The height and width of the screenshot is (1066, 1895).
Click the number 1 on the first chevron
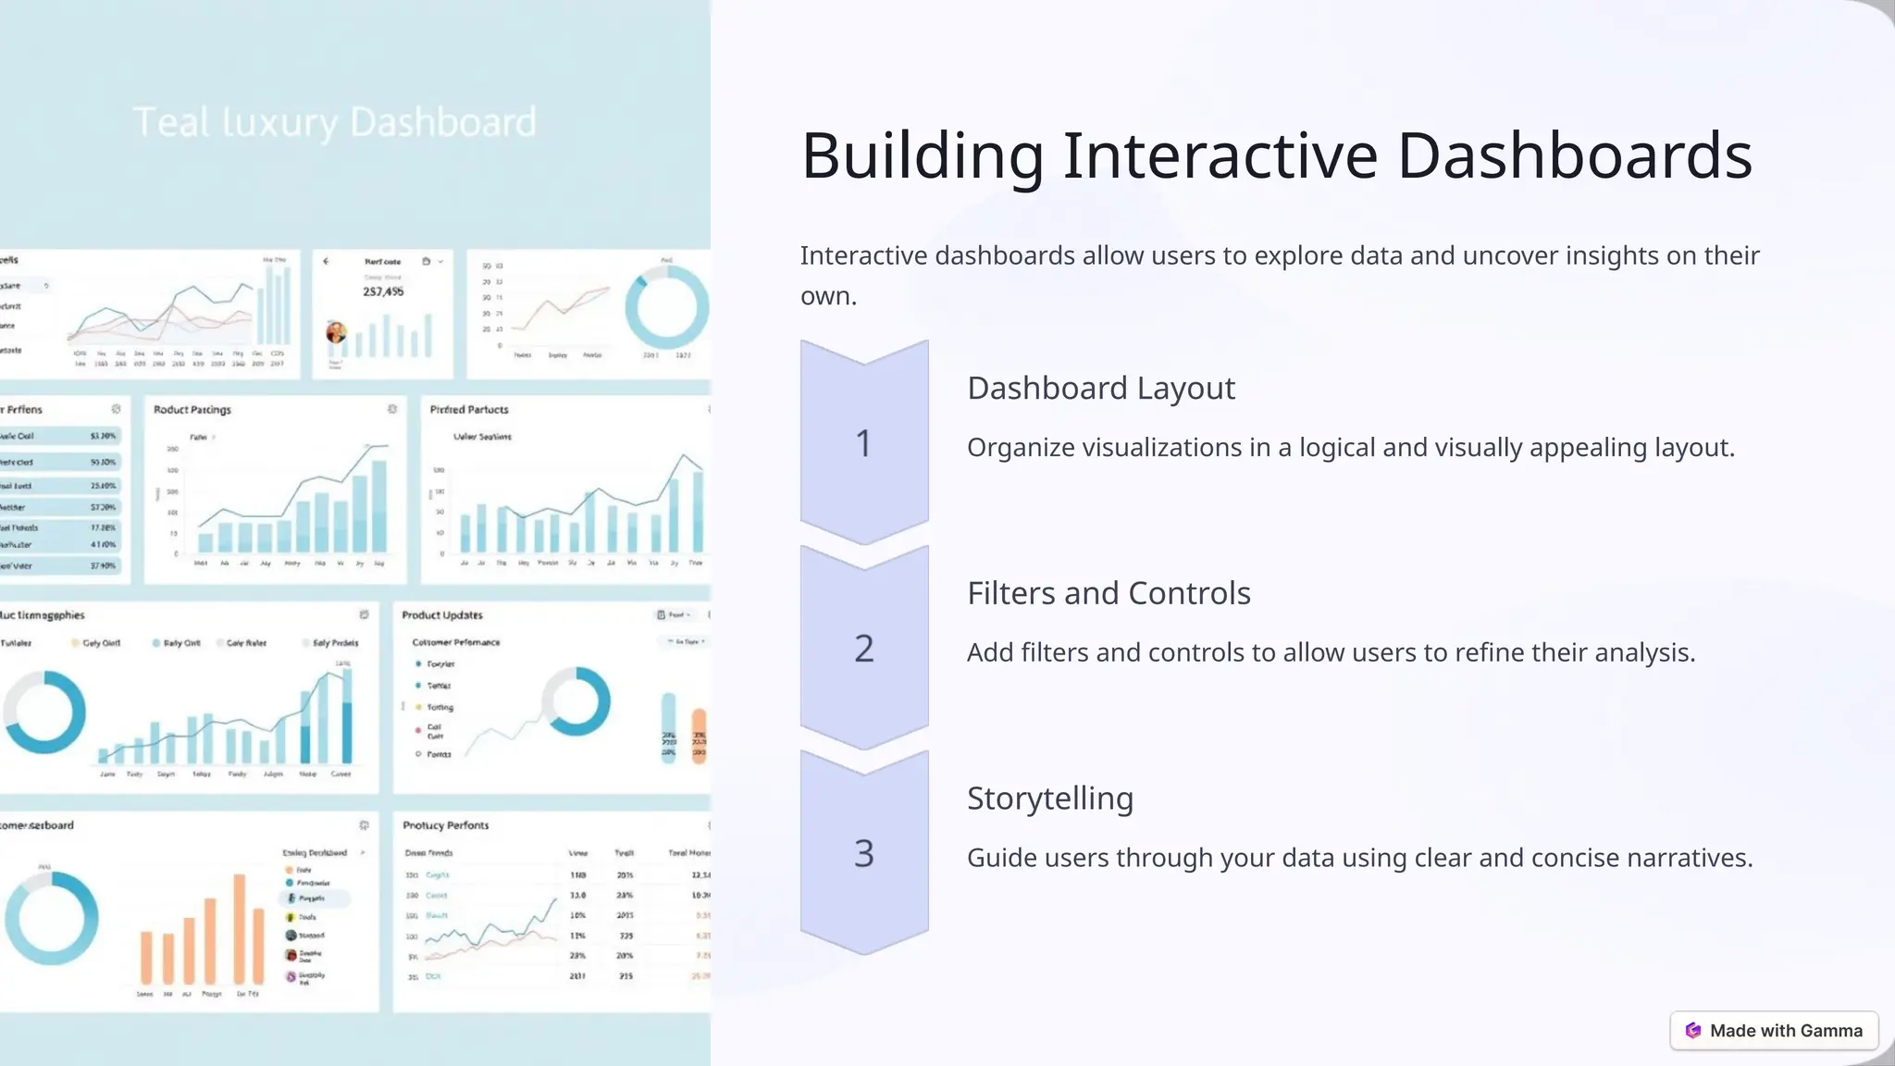pos(863,444)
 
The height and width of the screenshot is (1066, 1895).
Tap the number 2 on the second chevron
pos(863,649)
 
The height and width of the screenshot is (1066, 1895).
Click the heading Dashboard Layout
pos(1100,389)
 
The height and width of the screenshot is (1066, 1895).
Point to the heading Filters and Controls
pos(1108,593)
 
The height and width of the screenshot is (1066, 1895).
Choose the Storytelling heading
pos(1049,799)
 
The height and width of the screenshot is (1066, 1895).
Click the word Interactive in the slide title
pos(1220,155)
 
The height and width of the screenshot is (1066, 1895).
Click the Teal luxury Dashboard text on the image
pos(334,122)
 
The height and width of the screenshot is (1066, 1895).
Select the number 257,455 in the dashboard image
pos(383,291)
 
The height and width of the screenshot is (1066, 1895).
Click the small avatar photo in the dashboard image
pos(336,332)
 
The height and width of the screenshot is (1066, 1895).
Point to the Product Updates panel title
pos(441,615)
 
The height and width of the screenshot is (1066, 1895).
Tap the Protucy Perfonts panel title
pos(445,825)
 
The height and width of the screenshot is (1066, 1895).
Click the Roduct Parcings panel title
pos(192,410)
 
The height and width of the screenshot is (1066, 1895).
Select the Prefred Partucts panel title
pos(468,410)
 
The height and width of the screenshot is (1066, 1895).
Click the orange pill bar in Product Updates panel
pos(699,734)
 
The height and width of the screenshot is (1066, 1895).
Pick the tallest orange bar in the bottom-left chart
pos(240,928)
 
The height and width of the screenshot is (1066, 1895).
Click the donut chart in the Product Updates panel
pos(576,700)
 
